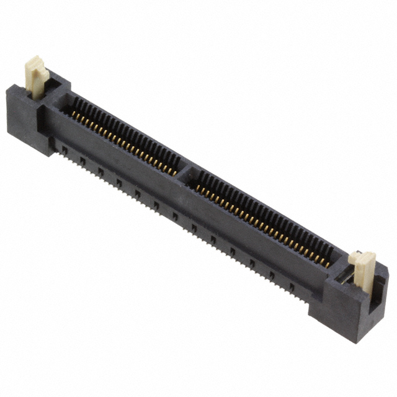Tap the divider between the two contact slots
click(185, 174)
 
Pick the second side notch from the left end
click(82, 160)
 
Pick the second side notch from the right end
click(271, 275)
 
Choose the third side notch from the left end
click(100, 171)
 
